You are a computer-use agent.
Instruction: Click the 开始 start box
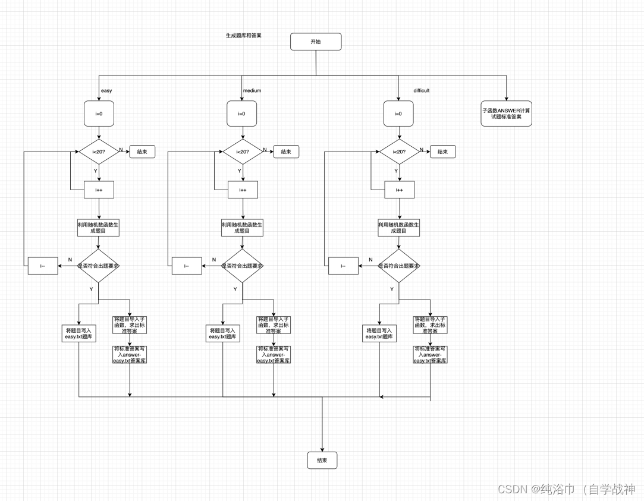[x=316, y=42]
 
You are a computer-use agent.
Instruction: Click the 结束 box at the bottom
[x=322, y=460]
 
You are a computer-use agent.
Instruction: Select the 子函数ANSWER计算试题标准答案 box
[x=506, y=114]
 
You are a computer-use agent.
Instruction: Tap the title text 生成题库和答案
[x=243, y=36]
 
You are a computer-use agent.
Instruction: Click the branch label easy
[x=106, y=91]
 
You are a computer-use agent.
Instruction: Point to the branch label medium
[x=252, y=91]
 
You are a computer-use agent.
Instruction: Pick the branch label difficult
[x=421, y=91]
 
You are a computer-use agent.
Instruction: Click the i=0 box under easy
[x=99, y=114]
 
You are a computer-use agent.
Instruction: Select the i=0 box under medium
[x=242, y=114]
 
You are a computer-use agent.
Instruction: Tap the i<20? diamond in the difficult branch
[x=400, y=152]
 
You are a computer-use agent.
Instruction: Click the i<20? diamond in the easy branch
[x=99, y=152]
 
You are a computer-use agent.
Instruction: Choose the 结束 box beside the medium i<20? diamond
[x=286, y=152]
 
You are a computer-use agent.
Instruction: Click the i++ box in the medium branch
[x=243, y=190]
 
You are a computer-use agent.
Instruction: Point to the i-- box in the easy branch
[x=43, y=266]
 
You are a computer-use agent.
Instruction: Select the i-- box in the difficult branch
[x=343, y=266]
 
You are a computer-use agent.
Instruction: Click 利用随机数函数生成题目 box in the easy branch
[x=99, y=228]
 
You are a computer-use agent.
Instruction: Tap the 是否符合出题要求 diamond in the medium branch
[x=242, y=266]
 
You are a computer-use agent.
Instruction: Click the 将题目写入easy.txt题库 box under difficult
[x=379, y=333]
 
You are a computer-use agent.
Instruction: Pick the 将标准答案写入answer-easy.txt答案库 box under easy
[x=130, y=354]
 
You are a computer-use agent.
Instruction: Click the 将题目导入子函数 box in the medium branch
[x=274, y=325]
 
